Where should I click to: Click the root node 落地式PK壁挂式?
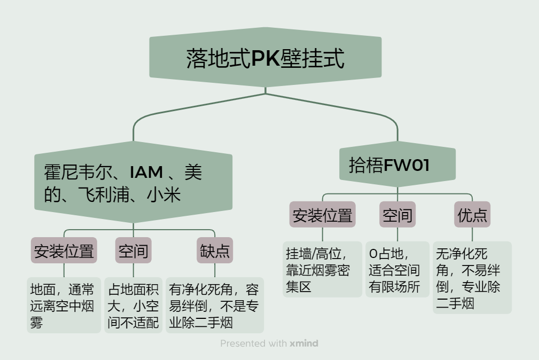tap(265, 58)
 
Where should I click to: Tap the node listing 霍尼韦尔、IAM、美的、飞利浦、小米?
tap(134, 183)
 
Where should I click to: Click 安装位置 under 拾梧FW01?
tap(322, 215)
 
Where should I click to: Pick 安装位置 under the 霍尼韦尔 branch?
tap(64, 251)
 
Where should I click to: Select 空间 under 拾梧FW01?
tap(397, 215)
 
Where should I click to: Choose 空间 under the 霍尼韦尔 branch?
tap(133, 251)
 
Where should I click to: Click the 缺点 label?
tap(215, 251)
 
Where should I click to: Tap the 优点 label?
tap(472, 215)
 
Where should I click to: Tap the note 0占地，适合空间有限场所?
tap(397, 270)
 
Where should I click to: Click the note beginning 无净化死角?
tap(472, 278)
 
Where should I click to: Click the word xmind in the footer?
tap(304, 343)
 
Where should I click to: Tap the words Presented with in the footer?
tap(254, 343)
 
